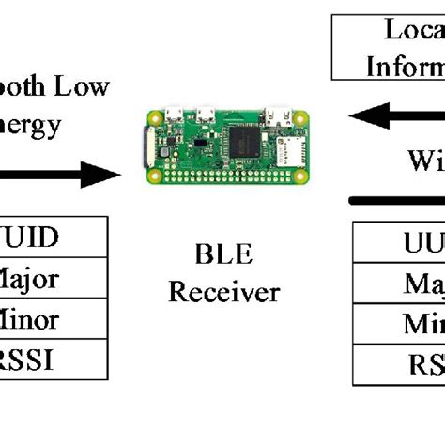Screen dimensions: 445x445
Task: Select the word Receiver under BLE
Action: [x=223, y=292]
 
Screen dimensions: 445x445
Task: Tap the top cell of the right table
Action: [x=398, y=241]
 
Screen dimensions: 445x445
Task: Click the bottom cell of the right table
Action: [x=398, y=363]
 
